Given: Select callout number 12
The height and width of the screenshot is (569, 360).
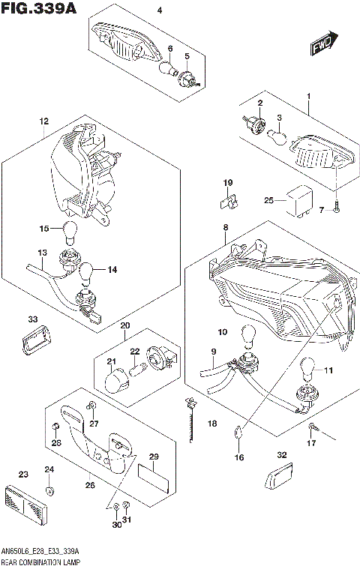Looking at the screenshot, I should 43,121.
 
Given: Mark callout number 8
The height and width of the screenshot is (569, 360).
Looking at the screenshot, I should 225,226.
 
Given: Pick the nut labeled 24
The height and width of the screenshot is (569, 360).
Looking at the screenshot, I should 49,490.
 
